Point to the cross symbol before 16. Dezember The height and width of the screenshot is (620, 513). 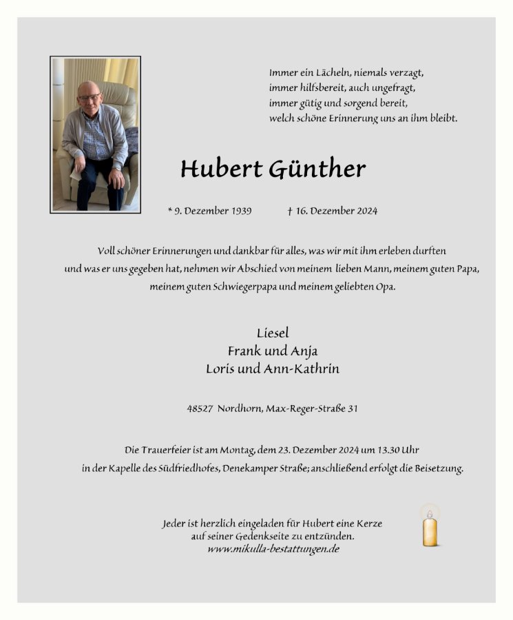click(290, 211)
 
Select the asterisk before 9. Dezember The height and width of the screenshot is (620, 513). click(170, 210)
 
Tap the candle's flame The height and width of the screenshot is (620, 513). click(430, 513)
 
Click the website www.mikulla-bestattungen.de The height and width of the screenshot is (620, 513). click(273, 549)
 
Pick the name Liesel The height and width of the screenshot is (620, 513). click(273, 333)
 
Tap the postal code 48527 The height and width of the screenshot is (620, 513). click(200, 409)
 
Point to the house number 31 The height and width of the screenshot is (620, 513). click(352, 409)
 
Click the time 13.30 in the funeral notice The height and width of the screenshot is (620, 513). click(385, 450)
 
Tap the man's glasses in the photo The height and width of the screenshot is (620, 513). click(89, 97)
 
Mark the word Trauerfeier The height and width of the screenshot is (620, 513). click(165, 450)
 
